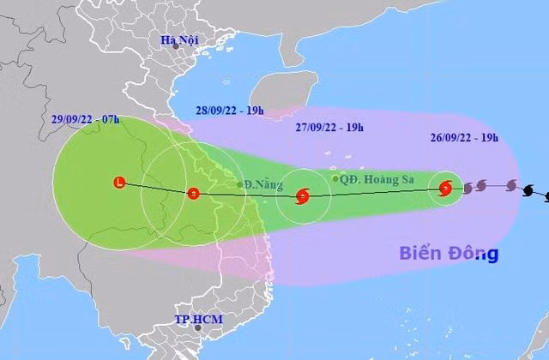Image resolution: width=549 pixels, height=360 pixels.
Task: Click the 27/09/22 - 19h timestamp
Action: [329, 128]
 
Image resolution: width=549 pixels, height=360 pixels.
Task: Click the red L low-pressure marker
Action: [119, 182]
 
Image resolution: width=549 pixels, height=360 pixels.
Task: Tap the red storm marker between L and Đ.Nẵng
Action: [193, 194]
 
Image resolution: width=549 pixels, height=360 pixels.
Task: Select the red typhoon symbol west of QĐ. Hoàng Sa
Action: [301, 196]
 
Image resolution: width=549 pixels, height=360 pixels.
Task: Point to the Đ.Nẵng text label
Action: [258, 184]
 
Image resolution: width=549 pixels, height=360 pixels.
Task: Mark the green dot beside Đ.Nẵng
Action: [239, 184]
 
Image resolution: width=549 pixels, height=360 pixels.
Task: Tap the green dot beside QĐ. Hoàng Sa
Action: [335, 178]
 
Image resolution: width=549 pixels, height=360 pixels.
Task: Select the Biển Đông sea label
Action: [449, 254]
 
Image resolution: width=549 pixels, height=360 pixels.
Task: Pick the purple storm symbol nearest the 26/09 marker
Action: [480, 186]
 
